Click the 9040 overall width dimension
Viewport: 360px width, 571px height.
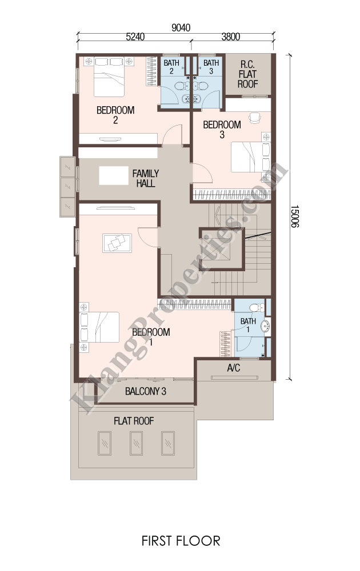click(181, 27)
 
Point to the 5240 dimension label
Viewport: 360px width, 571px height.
click(135, 37)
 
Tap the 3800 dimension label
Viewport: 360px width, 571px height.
click(231, 37)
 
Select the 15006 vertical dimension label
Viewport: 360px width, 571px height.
click(294, 216)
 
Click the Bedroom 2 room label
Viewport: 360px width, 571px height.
click(115, 115)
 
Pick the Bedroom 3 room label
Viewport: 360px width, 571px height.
click(222, 130)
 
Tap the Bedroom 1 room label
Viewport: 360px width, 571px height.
click(151, 337)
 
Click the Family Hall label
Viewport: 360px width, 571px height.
click(145, 178)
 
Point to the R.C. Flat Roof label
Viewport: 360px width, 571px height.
click(248, 74)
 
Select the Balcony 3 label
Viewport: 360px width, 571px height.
click(145, 392)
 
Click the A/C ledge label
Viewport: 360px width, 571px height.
click(234, 368)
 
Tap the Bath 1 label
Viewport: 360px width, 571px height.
click(248, 325)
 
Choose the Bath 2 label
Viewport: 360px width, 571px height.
click(171, 67)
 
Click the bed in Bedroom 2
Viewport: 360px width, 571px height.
click(109, 77)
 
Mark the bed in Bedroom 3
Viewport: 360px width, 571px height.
click(251, 157)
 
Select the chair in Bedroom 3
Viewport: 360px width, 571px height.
click(255, 117)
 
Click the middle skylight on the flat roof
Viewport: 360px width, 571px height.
click(136, 443)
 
